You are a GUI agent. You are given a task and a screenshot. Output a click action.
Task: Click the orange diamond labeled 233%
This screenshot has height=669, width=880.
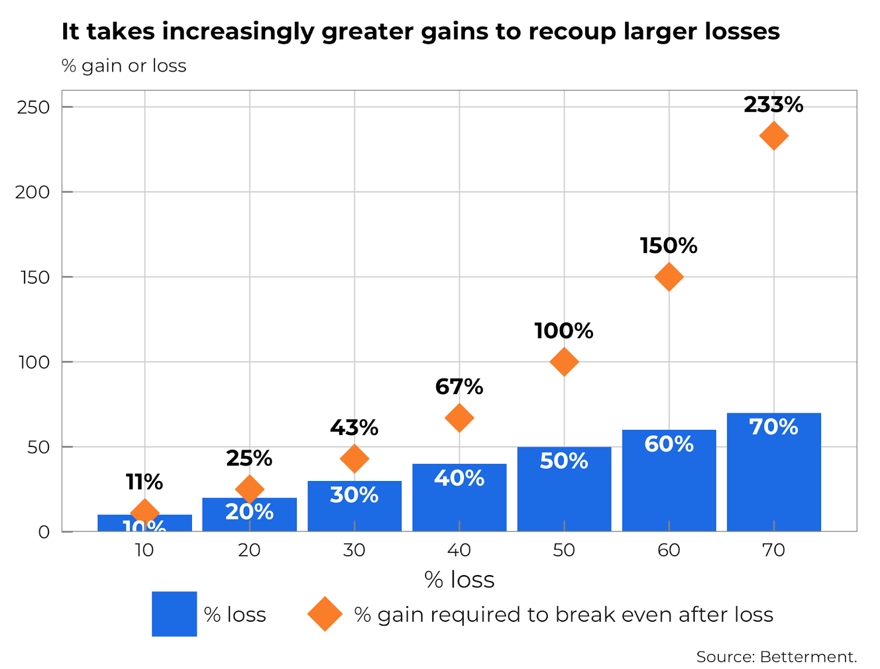click(x=773, y=136)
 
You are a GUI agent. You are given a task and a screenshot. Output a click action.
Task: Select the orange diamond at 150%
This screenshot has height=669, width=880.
click(x=669, y=277)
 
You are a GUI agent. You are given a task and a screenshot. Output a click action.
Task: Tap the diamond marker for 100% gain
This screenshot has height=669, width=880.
click(x=564, y=362)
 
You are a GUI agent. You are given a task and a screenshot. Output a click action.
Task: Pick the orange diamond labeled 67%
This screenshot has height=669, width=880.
click(x=459, y=418)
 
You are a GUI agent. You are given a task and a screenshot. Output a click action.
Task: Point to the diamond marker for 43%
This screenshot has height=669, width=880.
click(x=354, y=458)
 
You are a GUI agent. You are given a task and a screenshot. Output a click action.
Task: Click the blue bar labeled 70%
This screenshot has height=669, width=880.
click(x=773, y=478)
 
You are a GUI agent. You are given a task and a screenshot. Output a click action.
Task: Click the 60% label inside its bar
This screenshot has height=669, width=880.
click(x=669, y=444)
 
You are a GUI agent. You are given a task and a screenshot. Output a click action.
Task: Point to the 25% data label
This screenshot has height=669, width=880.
click(x=249, y=458)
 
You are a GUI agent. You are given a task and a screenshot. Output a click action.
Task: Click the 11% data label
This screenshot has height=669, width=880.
click(x=144, y=482)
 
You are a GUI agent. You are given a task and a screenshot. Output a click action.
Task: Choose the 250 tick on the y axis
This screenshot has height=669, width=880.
click(x=33, y=107)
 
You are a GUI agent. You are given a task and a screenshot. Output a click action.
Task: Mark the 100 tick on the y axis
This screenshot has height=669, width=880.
click(x=34, y=362)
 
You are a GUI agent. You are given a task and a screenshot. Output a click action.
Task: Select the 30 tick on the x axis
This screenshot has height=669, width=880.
click(x=354, y=550)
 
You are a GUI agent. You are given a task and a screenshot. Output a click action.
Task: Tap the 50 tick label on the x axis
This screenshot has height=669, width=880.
click(x=564, y=550)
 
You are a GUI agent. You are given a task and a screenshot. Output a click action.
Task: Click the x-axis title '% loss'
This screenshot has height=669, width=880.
click(x=459, y=580)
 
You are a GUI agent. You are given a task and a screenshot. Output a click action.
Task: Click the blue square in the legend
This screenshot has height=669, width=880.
click(x=174, y=613)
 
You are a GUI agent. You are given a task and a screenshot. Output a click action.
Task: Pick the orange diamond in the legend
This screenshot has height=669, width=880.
click(x=324, y=614)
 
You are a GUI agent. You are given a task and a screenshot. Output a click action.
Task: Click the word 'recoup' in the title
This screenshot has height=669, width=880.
click(x=573, y=32)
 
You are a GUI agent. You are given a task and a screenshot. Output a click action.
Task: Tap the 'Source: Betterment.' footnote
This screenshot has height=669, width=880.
click(x=776, y=657)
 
